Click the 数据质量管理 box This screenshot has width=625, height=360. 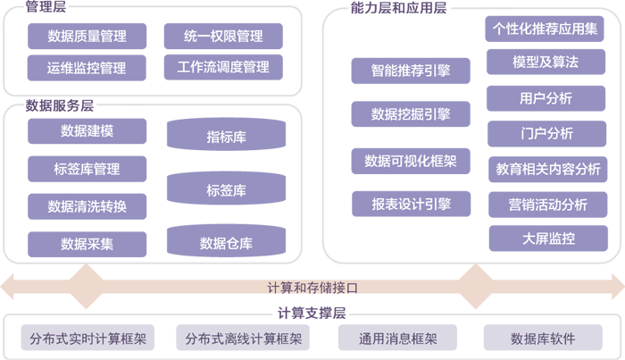pos(87,37)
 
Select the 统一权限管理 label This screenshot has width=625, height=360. pos(223,37)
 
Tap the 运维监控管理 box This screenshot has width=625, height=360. pos(87,68)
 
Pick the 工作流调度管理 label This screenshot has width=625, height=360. pos(223,67)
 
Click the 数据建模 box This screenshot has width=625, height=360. pos(87,131)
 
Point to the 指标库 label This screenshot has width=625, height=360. pos(226,138)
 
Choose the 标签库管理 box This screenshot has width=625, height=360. pos(87,169)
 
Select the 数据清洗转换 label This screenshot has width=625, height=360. pos(87,206)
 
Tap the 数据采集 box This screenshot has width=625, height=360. pos(87,244)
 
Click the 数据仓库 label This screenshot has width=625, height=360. pos(226,243)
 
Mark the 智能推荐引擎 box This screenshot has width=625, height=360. pos(411,70)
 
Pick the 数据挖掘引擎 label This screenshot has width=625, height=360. pos(411,114)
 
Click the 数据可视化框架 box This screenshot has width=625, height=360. pos(411,161)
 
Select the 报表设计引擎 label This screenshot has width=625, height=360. pos(411,205)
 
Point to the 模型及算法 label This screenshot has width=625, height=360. pos(546,63)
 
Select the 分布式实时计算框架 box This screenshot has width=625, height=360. pos(87,339)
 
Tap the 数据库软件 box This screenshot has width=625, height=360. pos(543,339)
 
